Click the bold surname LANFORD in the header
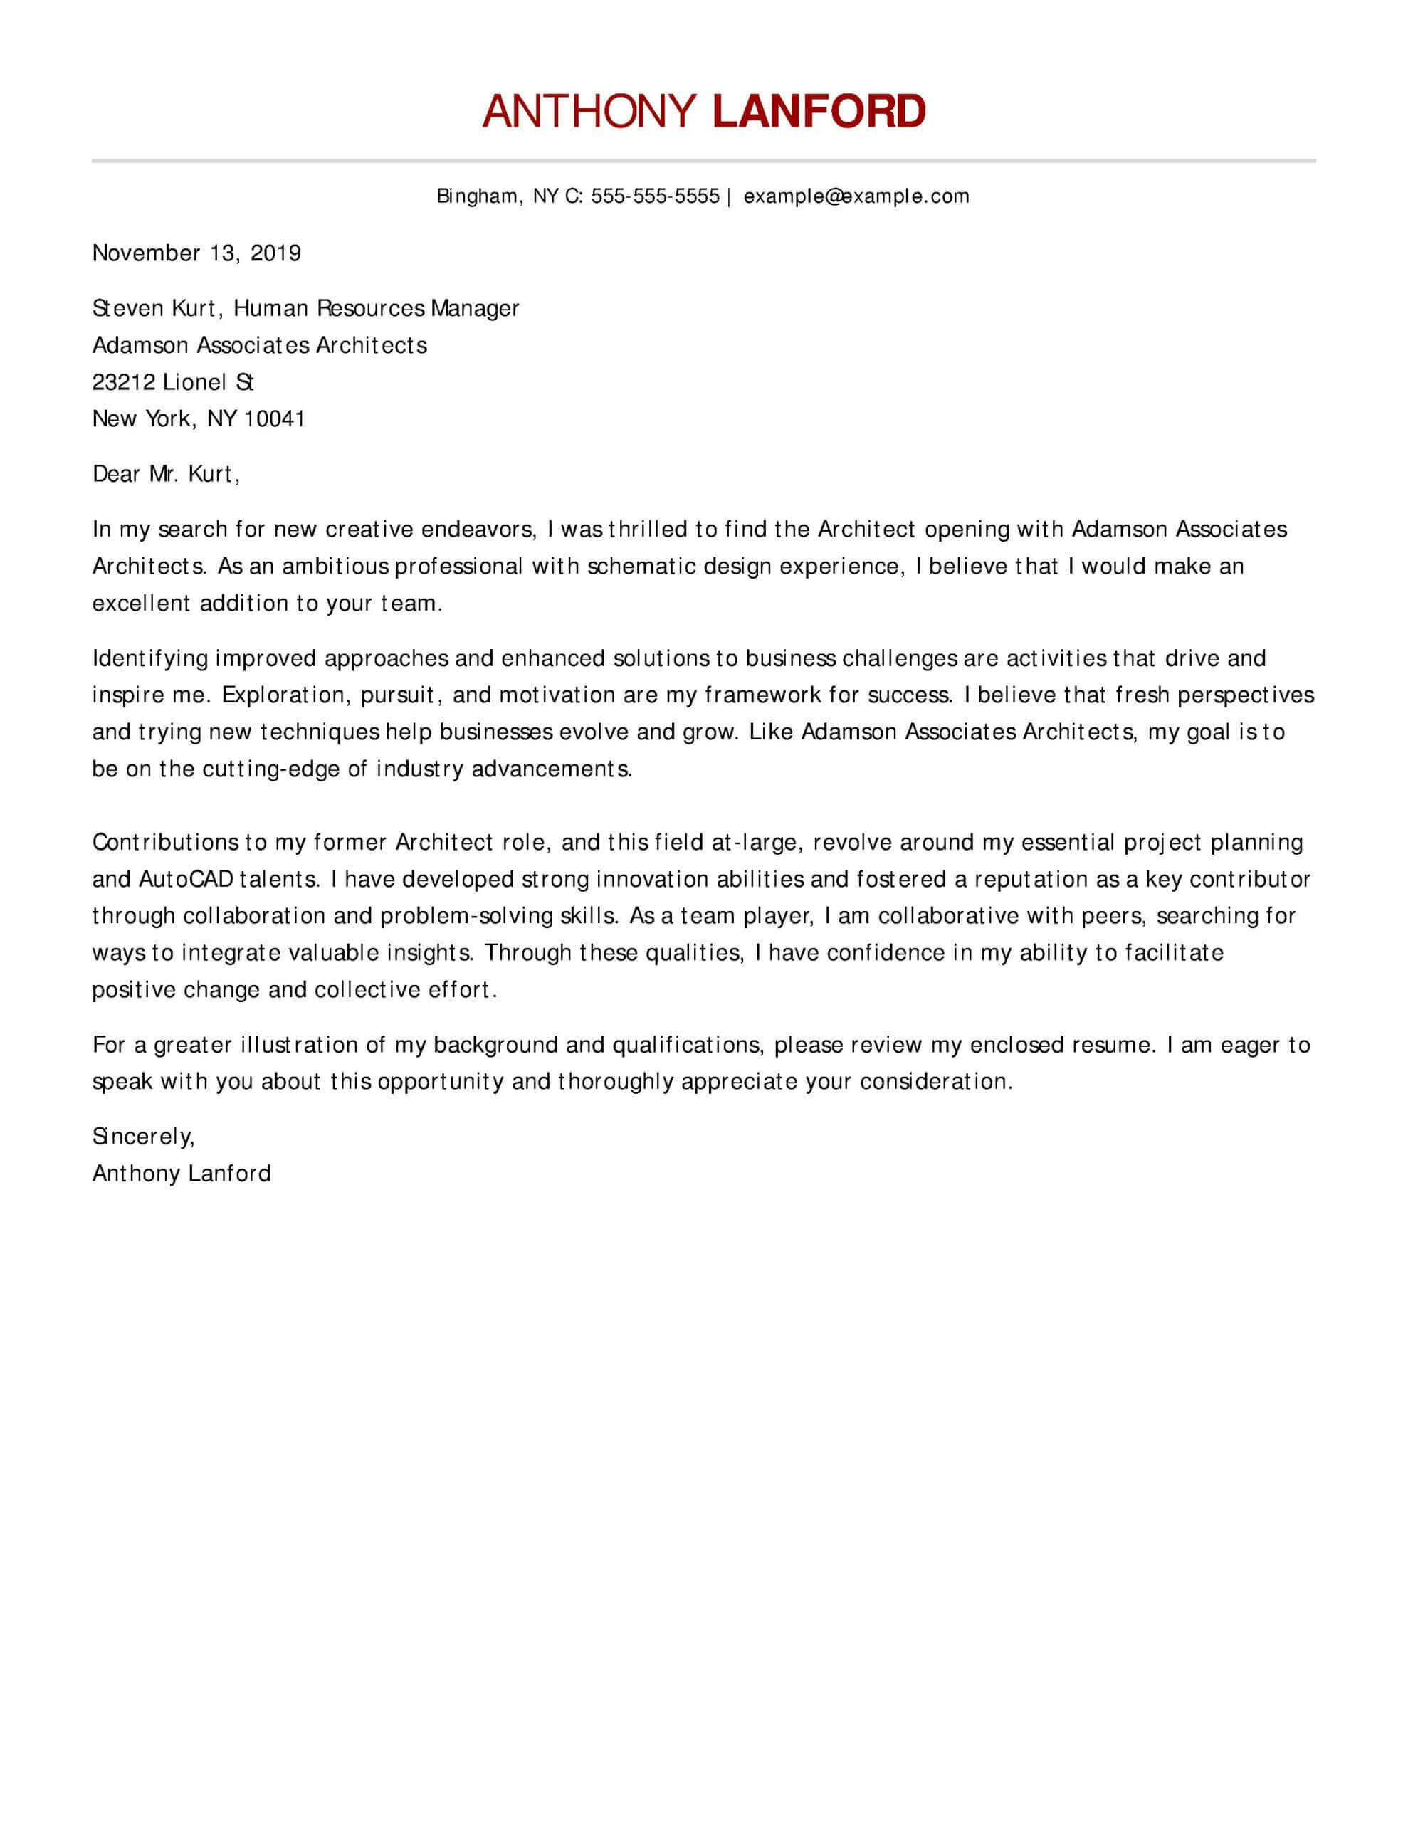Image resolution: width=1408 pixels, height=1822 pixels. click(x=819, y=111)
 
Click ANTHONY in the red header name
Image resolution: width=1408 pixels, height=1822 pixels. click(x=589, y=111)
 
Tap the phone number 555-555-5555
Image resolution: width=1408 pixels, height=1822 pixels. click(x=655, y=196)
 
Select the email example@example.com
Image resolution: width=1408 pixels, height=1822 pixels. click(x=856, y=196)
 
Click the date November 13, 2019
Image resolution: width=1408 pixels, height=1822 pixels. click(x=196, y=253)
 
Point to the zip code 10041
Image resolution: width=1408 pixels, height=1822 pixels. click(x=275, y=418)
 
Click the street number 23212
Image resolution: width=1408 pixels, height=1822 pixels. click(x=124, y=381)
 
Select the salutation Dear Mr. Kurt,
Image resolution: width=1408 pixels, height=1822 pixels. click(x=166, y=474)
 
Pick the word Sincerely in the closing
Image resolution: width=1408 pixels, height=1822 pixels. click(x=142, y=1136)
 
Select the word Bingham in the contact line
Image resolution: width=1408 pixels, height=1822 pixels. click(x=478, y=196)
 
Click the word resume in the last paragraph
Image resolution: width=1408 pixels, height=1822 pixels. click(x=1109, y=1045)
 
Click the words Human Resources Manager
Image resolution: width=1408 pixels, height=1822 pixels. click(x=376, y=308)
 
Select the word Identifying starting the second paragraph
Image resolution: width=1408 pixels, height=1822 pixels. click(x=150, y=658)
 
